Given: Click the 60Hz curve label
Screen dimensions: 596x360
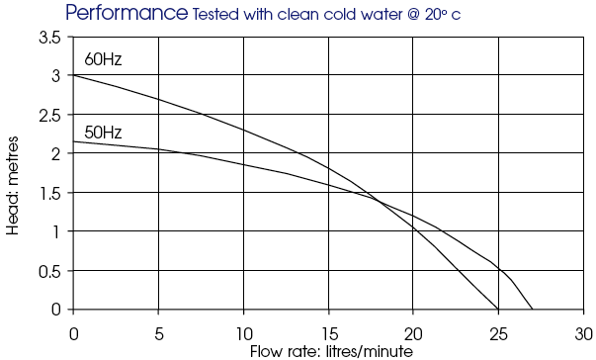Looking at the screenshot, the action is point(103,59).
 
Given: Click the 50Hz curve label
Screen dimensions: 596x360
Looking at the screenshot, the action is point(103,133).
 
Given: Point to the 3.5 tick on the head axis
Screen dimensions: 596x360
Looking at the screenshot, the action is point(49,38).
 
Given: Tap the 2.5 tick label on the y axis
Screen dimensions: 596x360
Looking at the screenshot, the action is point(49,116).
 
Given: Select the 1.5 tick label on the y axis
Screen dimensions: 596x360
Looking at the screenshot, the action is point(50,194).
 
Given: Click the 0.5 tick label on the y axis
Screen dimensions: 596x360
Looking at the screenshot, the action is point(49,272).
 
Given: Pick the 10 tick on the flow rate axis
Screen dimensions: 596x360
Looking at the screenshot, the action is point(244,334).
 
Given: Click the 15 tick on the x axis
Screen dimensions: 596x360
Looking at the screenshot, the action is point(329,334).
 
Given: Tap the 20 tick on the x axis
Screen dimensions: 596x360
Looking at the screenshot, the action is point(413,334).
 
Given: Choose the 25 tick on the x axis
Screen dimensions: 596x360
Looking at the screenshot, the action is point(498,334).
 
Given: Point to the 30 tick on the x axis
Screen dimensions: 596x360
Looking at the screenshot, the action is point(584,334).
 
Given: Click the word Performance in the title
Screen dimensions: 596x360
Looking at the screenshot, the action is point(127,13).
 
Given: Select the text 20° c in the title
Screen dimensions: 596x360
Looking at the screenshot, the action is point(443,15).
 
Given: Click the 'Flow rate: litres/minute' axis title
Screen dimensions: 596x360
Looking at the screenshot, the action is point(331,351).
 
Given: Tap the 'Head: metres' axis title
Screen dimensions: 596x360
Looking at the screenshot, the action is point(12,186).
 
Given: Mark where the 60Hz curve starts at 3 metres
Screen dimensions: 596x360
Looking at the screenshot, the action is point(73,75).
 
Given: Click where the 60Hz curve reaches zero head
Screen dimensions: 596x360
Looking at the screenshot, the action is point(498,310).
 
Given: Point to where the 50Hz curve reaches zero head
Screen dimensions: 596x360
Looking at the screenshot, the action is point(532,310).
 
